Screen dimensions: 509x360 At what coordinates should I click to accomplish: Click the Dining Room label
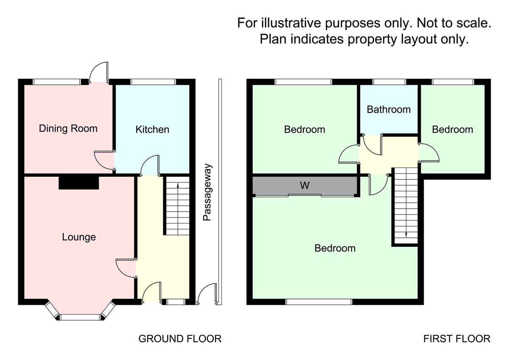coord(68,128)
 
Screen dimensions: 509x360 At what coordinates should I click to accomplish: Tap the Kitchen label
coord(152,129)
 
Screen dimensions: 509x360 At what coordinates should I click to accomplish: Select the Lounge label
coord(79,237)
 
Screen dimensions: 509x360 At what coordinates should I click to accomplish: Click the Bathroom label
coord(389,109)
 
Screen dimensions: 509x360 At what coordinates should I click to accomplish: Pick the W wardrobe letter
coord(304,185)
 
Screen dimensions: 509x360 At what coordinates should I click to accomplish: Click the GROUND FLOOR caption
coord(180,339)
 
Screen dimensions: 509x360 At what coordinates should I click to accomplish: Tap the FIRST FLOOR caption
coord(457,339)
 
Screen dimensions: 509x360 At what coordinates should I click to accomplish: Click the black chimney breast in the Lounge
coord(79,183)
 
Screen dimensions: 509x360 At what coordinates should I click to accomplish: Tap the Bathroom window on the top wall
coord(389,81)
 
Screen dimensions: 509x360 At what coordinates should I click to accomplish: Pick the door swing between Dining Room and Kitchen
coord(103,160)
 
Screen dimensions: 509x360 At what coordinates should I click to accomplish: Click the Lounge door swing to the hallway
coord(126,267)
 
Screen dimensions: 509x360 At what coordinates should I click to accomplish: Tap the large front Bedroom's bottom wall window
coord(319,302)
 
